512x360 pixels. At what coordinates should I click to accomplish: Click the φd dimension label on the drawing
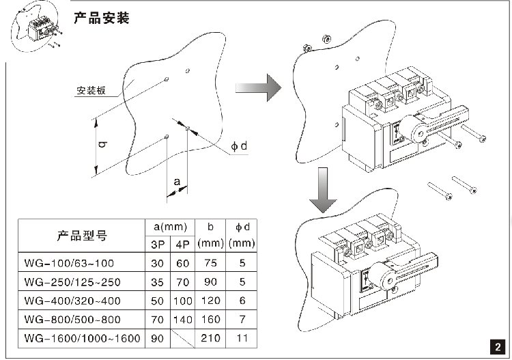pos(238,146)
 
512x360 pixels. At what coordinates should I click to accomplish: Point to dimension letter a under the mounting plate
pos(177,181)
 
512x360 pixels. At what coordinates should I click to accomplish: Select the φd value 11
pos(241,338)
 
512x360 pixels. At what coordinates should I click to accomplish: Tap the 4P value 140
pos(182,320)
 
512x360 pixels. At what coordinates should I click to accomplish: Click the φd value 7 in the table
pos(241,320)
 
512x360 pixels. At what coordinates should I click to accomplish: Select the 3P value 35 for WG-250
pos(156,282)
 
